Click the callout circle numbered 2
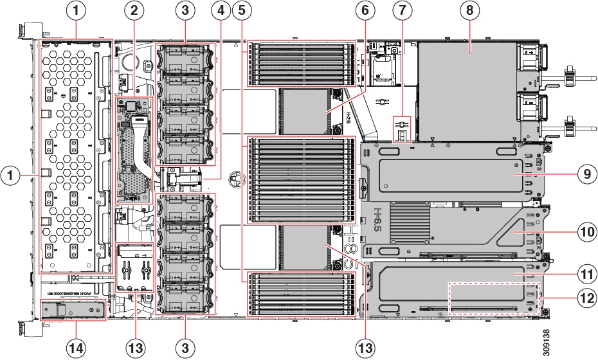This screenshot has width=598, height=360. (x=134, y=10)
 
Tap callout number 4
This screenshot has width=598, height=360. (x=221, y=10)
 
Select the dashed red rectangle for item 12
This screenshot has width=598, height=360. (x=494, y=298)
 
